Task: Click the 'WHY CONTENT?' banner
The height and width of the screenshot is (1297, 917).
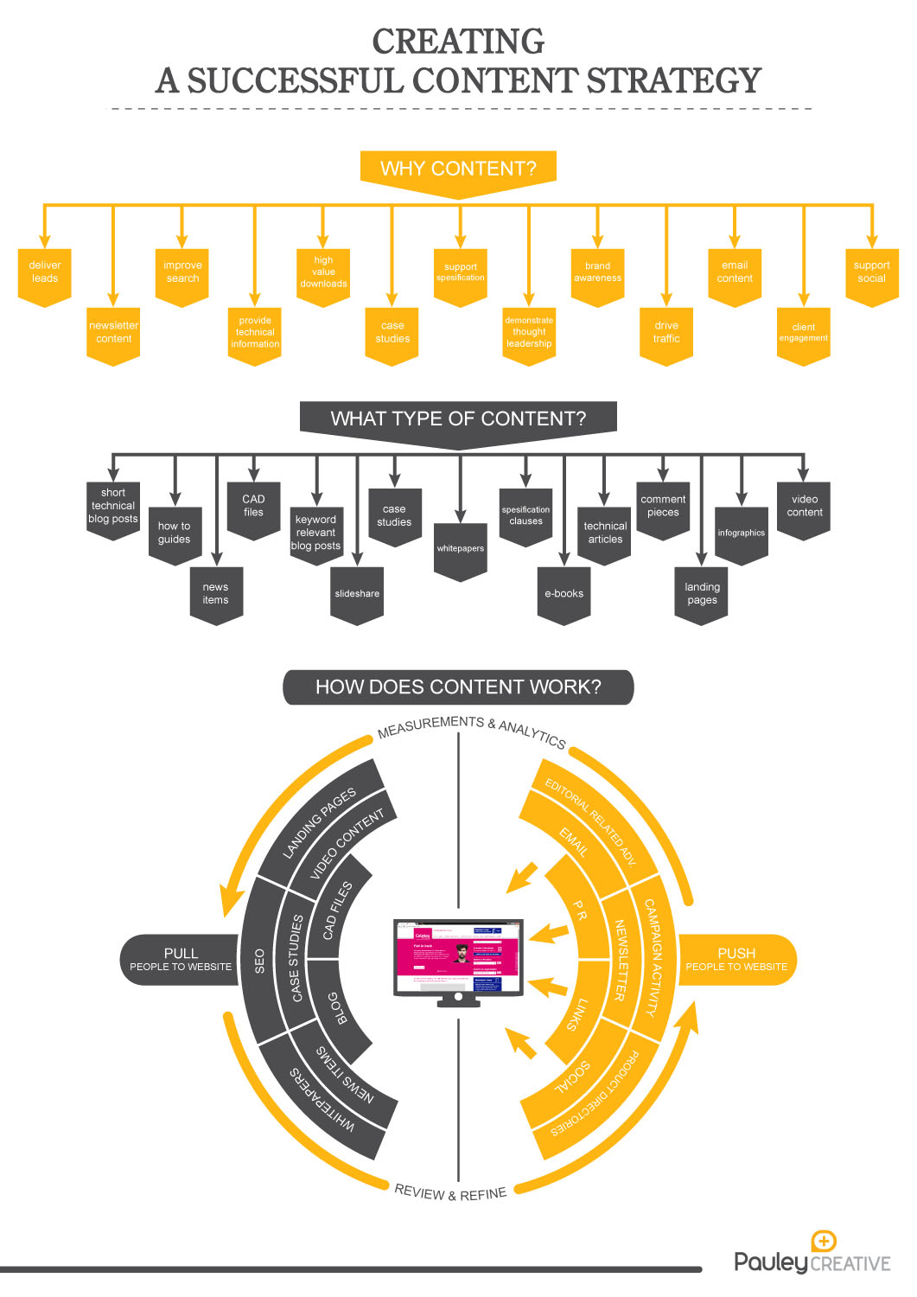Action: point(458,169)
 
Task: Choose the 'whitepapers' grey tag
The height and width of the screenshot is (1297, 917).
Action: point(461,549)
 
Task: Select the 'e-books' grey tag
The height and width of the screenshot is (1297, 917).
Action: point(564,594)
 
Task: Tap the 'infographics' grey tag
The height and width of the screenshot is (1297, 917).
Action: point(742,533)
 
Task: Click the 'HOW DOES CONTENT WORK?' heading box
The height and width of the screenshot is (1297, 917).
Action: point(458,687)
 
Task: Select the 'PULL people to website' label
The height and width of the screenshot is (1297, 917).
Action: point(181,960)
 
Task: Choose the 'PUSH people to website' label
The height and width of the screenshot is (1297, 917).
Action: point(736,960)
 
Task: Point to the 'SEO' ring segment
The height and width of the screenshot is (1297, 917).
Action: point(259,961)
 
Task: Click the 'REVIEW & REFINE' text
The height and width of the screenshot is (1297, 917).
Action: point(450,1193)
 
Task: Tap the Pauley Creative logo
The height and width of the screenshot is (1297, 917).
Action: point(812,1255)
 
